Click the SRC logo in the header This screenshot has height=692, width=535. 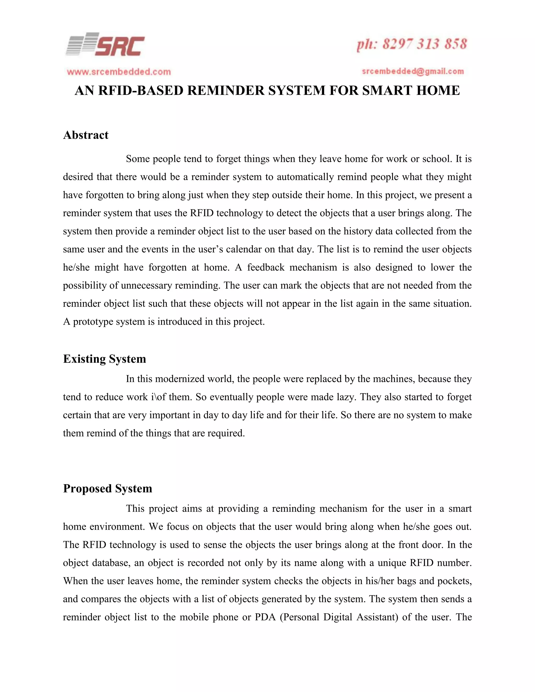coord(105,45)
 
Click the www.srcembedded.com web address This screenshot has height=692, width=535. coord(119,72)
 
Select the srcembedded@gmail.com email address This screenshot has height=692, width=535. coord(413,72)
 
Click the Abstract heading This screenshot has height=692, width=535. coord(86,135)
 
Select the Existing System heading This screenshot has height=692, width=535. coord(104,359)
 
